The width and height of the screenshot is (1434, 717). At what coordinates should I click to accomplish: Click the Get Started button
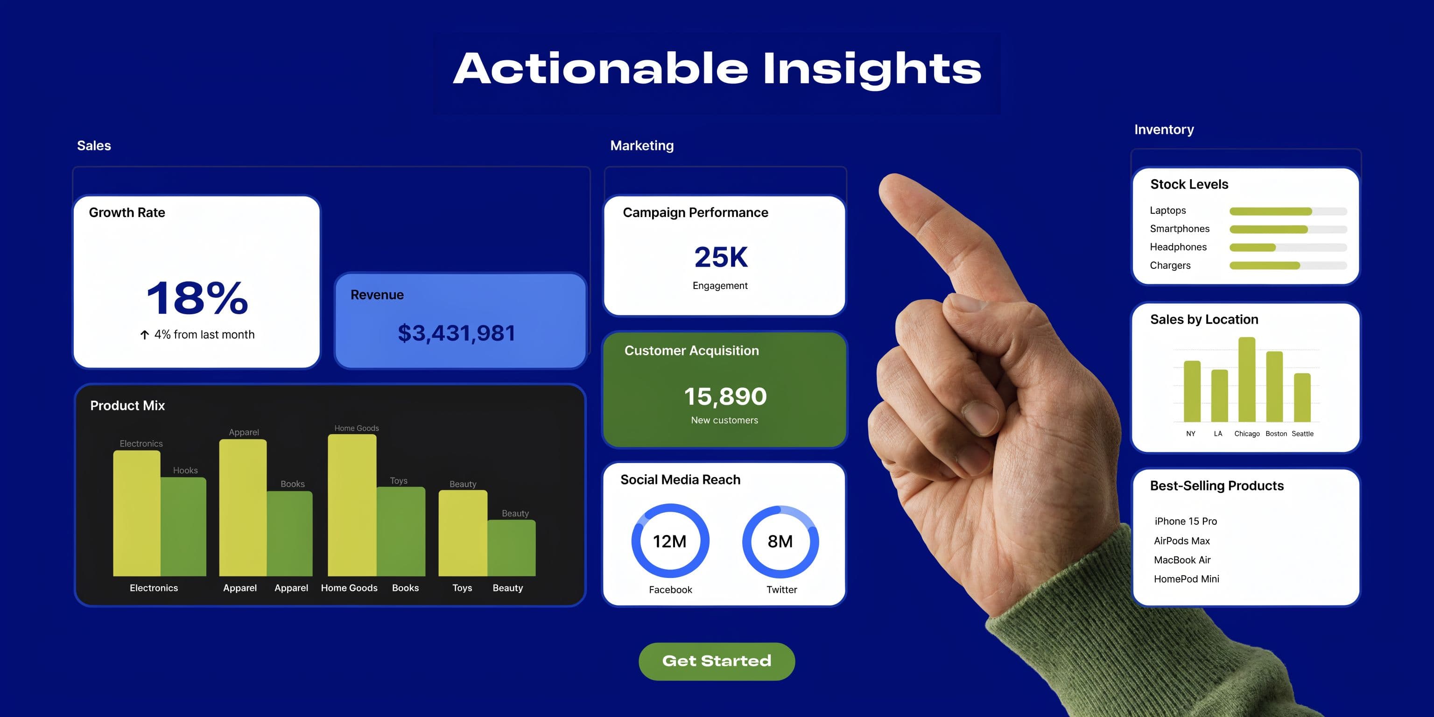(717, 661)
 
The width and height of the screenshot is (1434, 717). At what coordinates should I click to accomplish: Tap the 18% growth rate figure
(197, 298)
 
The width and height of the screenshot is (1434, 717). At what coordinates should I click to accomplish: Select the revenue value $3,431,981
(457, 333)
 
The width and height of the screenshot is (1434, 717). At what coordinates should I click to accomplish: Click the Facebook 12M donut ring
(670, 541)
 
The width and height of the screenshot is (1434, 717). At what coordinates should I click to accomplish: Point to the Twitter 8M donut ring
(780, 541)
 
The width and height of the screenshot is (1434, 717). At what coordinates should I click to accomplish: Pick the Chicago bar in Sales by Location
(1246, 380)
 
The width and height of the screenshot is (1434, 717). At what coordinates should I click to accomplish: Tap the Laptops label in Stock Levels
(1167, 211)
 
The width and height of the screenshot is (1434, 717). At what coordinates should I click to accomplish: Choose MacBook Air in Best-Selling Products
(1182, 560)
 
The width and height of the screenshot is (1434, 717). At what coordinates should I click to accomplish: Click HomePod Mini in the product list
(1186, 579)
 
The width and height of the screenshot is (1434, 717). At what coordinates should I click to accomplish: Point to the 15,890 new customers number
(725, 396)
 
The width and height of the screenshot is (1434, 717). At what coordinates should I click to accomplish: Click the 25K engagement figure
(721, 257)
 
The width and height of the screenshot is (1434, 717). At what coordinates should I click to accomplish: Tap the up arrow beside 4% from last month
(145, 335)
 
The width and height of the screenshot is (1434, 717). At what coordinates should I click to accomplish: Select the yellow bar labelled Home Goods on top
(352, 504)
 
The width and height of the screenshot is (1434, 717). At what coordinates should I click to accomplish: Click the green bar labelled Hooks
(184, 526)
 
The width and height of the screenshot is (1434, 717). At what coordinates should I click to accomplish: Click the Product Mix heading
(127, 405)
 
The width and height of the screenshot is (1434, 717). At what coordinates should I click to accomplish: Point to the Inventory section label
(1164, 130)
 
